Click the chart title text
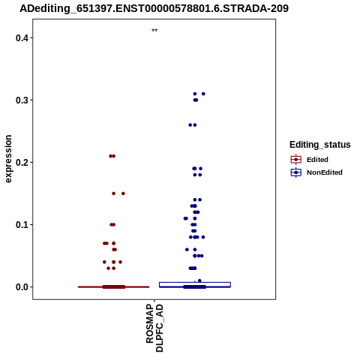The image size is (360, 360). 154,9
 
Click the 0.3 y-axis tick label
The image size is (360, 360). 21,100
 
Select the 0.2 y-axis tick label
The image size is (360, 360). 21,163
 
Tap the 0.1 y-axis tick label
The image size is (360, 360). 21,225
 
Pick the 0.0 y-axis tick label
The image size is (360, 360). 21,287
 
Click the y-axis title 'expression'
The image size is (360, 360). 8,159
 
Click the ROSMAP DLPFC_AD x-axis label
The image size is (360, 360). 154,328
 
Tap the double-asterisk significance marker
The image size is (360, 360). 154,31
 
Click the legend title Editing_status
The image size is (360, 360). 320,145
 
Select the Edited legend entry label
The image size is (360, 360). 317,160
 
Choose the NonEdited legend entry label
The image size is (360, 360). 325,172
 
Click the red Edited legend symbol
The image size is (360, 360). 296,160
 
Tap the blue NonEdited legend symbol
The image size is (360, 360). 296,172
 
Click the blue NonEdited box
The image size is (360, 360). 195,285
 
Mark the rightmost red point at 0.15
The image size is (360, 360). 123,193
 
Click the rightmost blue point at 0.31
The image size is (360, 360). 203,94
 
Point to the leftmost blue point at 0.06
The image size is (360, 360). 187,250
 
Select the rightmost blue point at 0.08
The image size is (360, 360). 203,237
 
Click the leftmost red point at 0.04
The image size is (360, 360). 104,262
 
